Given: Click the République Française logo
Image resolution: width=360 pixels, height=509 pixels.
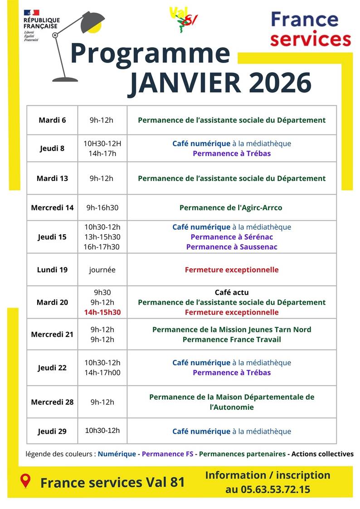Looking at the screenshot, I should tap(41, 25).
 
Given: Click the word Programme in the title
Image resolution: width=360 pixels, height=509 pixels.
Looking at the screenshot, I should tap(150, 53).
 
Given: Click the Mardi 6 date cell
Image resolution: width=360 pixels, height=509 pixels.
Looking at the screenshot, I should tap(52, 120).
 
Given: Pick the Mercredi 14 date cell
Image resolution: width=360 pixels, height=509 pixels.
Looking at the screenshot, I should tap(52, 208).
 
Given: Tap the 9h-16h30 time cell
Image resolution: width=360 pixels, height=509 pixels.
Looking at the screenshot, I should tap(102, 208).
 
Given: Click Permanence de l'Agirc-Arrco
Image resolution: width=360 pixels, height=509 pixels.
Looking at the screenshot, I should tap(231, 208).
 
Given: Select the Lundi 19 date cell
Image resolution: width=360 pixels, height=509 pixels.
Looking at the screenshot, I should tap(52, 270).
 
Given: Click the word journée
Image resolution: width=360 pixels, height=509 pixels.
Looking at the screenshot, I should tap(102, 270).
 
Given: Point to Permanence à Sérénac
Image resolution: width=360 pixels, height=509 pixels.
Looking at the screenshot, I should tap(232, 237).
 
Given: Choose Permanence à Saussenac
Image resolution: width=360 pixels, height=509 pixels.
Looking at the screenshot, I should tap(232, 247).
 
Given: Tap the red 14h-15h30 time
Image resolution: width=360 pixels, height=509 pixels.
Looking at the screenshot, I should tap(102, 312).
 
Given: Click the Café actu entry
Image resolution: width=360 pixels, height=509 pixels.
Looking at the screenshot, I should tap(232, 292).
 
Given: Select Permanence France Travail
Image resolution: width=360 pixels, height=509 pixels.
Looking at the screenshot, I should tap(232, 339).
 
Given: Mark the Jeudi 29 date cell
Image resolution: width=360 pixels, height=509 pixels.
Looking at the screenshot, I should tap(52, 431).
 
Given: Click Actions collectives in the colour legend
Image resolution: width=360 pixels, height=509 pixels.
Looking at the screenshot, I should tap(322, 454).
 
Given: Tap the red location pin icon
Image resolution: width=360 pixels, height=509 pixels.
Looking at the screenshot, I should tap(26, 481).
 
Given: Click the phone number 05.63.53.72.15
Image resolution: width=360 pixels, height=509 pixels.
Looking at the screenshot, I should tap(268, 490).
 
